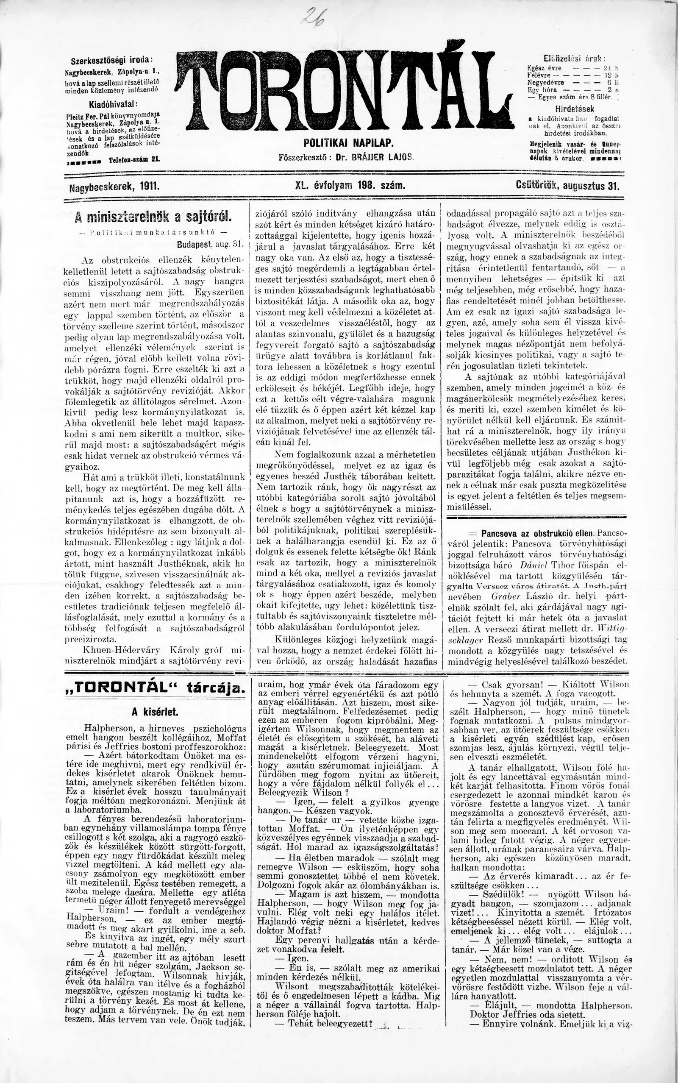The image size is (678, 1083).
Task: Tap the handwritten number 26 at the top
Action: pos(314,19)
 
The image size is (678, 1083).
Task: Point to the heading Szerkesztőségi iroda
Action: pos(111,61)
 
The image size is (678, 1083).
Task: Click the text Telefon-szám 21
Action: pos(133,159)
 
